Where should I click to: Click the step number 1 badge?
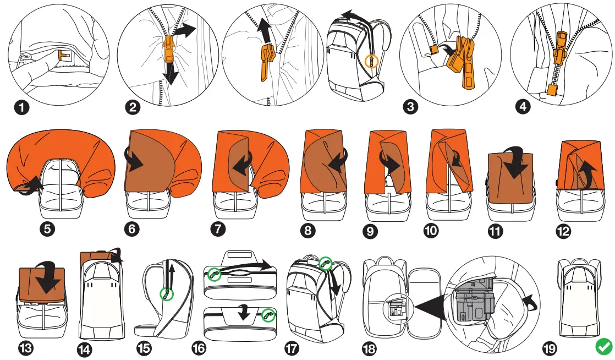[x=22, y=107]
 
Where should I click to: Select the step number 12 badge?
[x=563, y=231]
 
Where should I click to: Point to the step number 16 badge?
[x=199, y=348]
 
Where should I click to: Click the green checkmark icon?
[x=603, y=347]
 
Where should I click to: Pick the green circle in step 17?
[x=326, y=264]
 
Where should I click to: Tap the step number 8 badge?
[x=308, y=231]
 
